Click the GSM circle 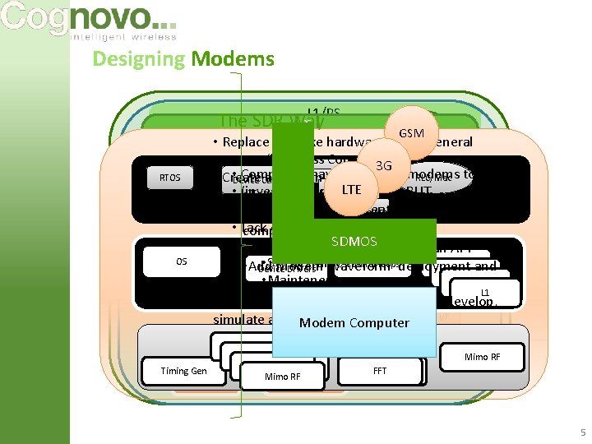[410, 132]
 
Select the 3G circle [383, 166]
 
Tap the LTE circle [352, 190]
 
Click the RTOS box [169, 177]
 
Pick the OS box [182, 261]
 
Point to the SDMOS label [354, 241]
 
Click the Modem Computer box [354, 322]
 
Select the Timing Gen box [183, 371]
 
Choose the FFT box [379, 371]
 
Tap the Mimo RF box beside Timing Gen [282, 377]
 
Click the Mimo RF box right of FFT [482, 357]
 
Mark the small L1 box [485, 292]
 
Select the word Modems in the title [233, 58]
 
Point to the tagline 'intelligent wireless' [124, 37]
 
